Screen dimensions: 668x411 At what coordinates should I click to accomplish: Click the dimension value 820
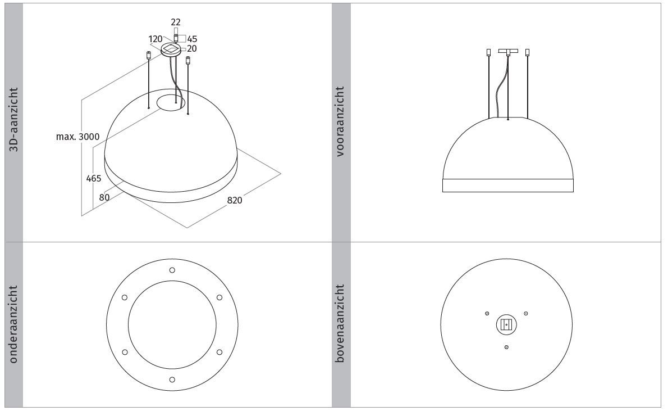click(234, 200)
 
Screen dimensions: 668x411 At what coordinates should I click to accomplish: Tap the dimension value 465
click(94, 178)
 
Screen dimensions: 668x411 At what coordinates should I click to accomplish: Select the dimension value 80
click(104, 197)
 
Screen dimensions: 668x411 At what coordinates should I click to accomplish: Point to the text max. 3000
click(78, 137)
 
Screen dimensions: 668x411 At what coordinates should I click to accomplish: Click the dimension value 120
click(155, 39)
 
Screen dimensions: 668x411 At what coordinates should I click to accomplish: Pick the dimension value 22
click(176, 22)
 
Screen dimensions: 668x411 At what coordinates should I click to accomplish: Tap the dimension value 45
click(192, 39)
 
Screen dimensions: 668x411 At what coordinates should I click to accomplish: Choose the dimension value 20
click(192, 49)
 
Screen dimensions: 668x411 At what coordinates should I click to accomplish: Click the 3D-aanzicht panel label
click(14, 120)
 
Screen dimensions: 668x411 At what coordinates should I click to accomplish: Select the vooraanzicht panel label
click(340, 121)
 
